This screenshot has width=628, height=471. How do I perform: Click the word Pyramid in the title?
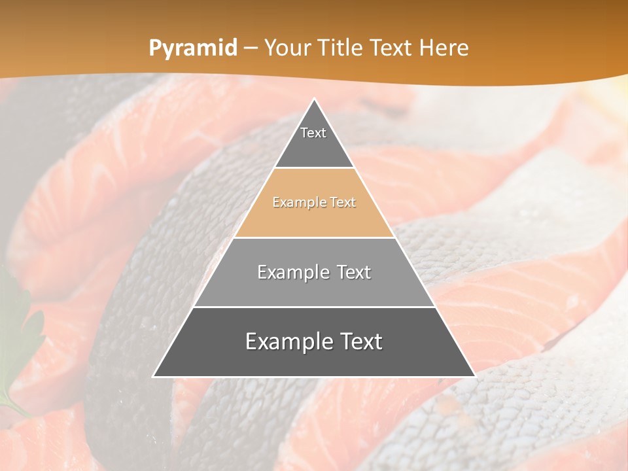coord(193,48)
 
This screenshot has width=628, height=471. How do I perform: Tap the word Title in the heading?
coord(343,48)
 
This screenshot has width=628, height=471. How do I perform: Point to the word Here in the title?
coord(444,48)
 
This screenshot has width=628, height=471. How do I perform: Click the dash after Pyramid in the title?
coord(251,48)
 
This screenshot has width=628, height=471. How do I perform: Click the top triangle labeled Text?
coord(313,141)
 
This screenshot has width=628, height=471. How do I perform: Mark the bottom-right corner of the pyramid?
coord(474,376)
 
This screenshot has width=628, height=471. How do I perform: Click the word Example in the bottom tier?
coord(285,341)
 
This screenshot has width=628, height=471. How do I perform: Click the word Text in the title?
coord(392,48)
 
